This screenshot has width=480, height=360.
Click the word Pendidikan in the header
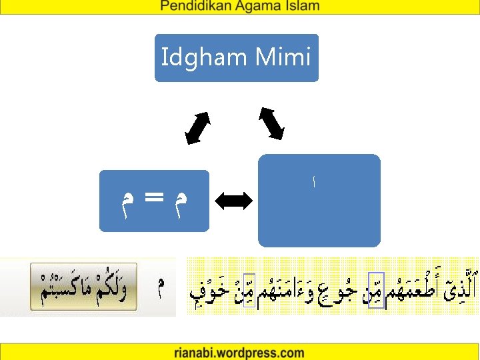193,7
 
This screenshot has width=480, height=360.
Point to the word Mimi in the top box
283,57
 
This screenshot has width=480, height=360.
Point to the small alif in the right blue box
314,181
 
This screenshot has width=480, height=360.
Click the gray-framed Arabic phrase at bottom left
83,286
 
